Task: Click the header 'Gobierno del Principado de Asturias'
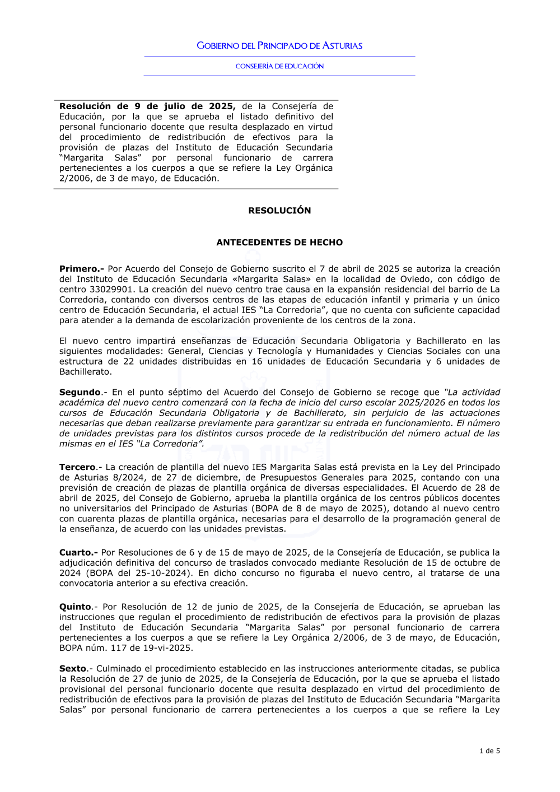click(x=279, y=46)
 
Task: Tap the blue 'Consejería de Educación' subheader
click(x=279, y=66)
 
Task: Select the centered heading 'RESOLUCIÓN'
click(x=279, y=211)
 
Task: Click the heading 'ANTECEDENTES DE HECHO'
click(x=279, y=243)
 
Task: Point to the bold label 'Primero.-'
click(x=82, y=269)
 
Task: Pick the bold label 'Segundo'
click(x=80, y=392)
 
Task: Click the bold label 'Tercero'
click(x=77, y=467)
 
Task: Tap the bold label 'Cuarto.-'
click(x=78, y=552)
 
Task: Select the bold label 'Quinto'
click(x=75, y=607)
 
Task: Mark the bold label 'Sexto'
click(x=73, y=668)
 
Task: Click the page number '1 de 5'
click(x=489, y=751)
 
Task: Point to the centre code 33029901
click(x=111, y=290)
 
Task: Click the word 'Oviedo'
click(x=415, y=279)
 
